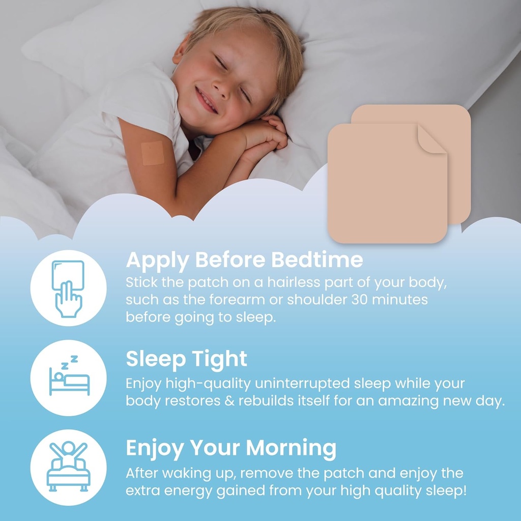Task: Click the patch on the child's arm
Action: (x=152, y=153)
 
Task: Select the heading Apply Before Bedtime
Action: (x=244, y=260)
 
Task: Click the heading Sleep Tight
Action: (x=186, y=359)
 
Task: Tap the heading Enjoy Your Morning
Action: (x=231, y=448)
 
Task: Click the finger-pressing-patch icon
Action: (x=68, y=288)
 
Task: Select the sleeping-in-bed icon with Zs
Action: (x=68, y=377)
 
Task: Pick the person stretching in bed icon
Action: (x=68, y=466)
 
